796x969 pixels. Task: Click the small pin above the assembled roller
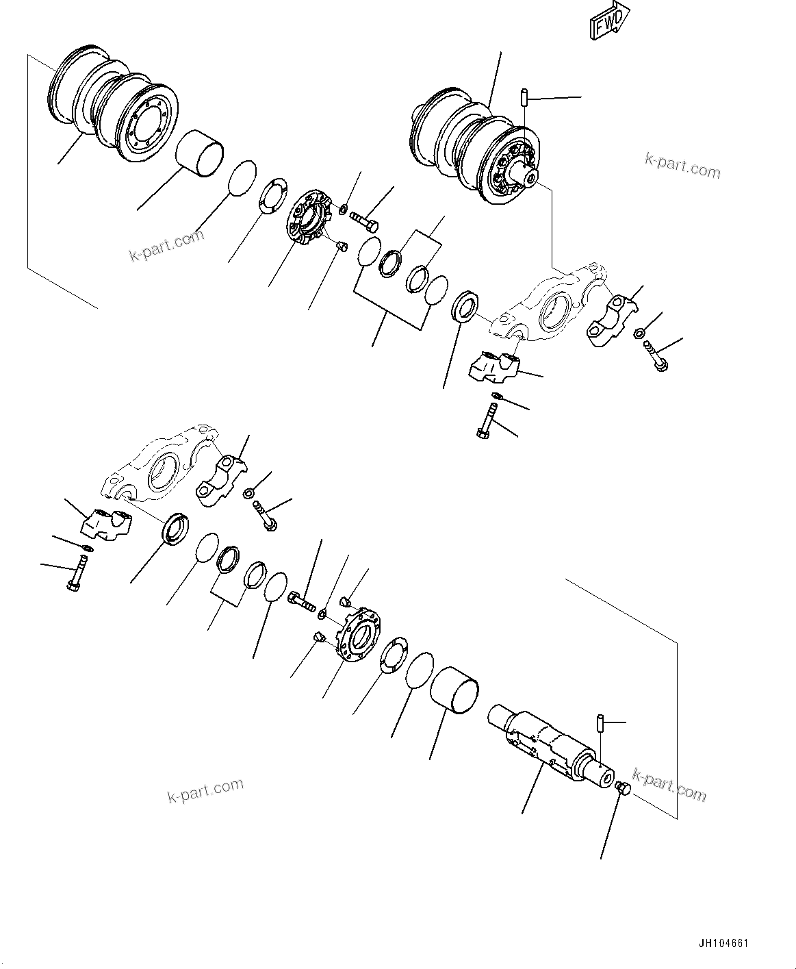point(524,97)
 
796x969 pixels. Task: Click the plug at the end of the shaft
point(624,788)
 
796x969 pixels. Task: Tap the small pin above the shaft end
point(599,722)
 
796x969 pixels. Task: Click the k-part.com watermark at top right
point(682,165)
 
